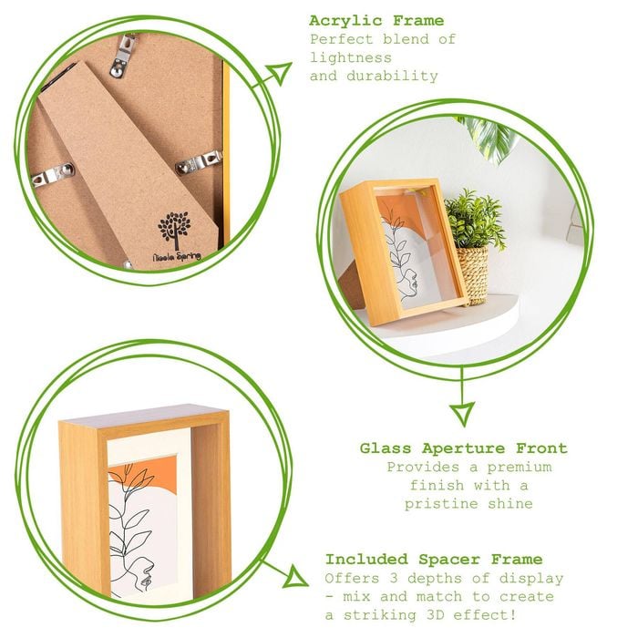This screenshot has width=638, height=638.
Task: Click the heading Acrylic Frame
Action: pos(376,21)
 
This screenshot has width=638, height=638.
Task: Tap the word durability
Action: pos(392,77)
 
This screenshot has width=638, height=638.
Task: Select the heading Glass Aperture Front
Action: pos(463,448)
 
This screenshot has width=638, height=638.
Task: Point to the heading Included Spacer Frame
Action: pos(434,560)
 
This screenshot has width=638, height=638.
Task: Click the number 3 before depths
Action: pos(393,578)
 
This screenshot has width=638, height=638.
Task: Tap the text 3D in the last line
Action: pos(436,615)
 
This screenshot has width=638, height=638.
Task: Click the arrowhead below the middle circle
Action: pos(463,413)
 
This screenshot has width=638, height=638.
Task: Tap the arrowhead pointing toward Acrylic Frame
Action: pos(280,73)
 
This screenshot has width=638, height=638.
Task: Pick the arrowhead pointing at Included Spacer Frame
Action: pos(295,576)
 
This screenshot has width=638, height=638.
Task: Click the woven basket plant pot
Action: pos(473,274)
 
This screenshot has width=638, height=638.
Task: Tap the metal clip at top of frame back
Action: pos(124,56)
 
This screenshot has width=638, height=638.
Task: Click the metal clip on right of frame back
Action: pos(199,162)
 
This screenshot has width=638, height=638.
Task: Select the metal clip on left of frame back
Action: pos(53,174)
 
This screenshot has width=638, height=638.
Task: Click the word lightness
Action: pos(351,57)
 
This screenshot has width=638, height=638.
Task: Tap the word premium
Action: pos(520,467)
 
